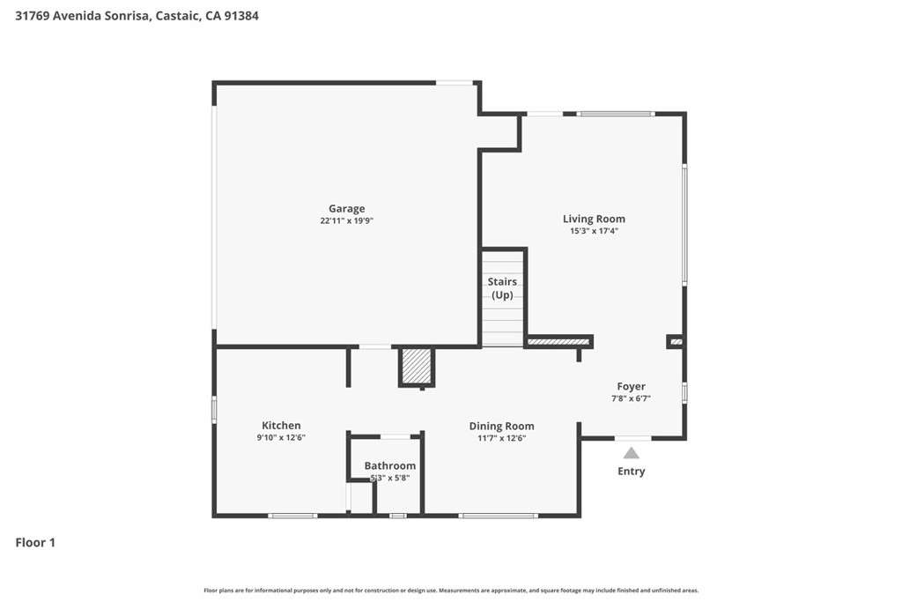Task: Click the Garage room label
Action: (x=346, y=208)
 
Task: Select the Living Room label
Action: (x=594, y=219)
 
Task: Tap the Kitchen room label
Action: (x=281, y=426)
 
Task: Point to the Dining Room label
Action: (x=501, y=426)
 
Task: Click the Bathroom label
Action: (x=389, y=465)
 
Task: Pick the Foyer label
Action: (x=631, y=386)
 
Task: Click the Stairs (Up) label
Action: (x=502, y=287)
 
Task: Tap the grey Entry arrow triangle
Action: (x=631, y=454)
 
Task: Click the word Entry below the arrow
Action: (x=631, y=471)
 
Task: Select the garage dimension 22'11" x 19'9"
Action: (x=346, y=220)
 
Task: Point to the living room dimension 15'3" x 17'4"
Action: (x=594, y=231)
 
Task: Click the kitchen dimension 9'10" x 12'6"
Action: (x=281, y=437)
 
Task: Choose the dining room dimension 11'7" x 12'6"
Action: (x=501, y=438)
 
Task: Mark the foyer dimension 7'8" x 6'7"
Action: (x=631, y=398)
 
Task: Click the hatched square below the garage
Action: (x=417, y=366)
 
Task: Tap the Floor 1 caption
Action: (x=35, y=543)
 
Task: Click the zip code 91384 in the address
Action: (x=241, y=16)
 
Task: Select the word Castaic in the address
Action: (x=178, y=16)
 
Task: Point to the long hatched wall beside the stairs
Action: (x=558, y=342)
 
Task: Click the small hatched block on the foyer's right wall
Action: (x=676, y=342)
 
